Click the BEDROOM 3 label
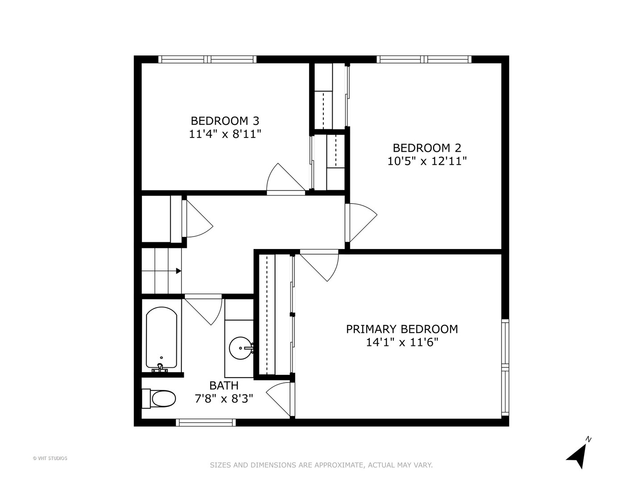tap(225, 120)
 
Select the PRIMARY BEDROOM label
tap(402, 329)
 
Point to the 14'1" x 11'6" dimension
tap(402, 342)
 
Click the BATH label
tap(224, 385)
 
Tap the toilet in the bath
tap(159, 399)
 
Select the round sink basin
tap(241, 347)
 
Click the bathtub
tap(161, 338)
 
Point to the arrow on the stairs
tap(178, 270)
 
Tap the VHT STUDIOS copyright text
tap(50, 458)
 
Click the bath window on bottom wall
tap(206, 422)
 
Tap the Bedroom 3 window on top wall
tap(207, 59)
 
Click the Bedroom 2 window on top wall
tap(424, 59)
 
